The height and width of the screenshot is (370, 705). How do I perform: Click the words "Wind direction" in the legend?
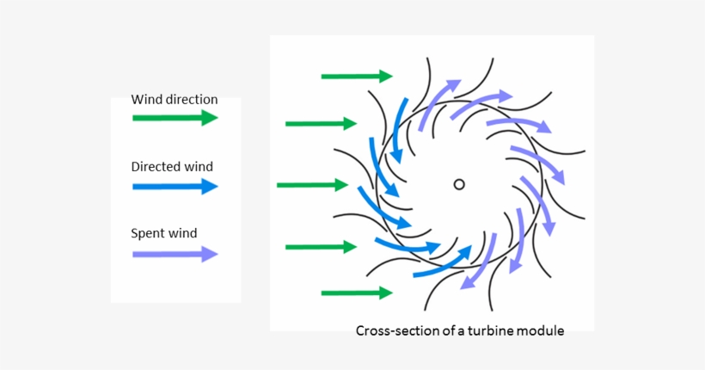tap(174, 99)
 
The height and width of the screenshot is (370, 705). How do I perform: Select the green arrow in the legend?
tap(175, 118)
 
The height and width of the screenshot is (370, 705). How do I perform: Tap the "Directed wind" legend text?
tap(171, 167)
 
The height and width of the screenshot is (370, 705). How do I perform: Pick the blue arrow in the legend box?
tap(175, 186)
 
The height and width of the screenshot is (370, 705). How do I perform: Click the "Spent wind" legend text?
tap(163, 233)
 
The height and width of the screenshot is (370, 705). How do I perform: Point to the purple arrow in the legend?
tap(175, 254)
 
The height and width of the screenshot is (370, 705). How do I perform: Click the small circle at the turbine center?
tap(459, 184)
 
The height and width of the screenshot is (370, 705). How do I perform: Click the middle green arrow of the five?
tap(312, 185)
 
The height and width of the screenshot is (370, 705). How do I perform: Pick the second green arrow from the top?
tap(321, 124)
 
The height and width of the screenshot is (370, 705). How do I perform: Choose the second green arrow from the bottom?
tap(321, 247)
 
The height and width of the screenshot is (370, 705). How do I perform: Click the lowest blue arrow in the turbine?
tap(444, 262)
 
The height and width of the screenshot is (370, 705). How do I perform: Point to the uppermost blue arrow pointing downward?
tap(397, 129)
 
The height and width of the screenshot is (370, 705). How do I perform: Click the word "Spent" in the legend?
tap(147, 233)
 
